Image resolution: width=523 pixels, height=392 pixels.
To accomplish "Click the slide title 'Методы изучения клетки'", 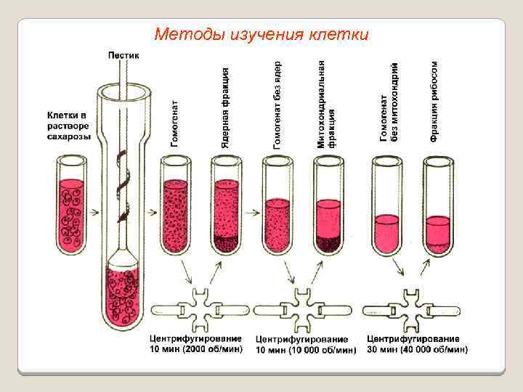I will pyautogui.click(x=261, y=34).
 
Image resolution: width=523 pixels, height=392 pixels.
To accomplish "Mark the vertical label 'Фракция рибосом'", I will pyautogui.click(x=434, y=99).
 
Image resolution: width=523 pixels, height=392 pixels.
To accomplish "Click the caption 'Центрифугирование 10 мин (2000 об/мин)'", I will pyautogui.click(x=195, y=344).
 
